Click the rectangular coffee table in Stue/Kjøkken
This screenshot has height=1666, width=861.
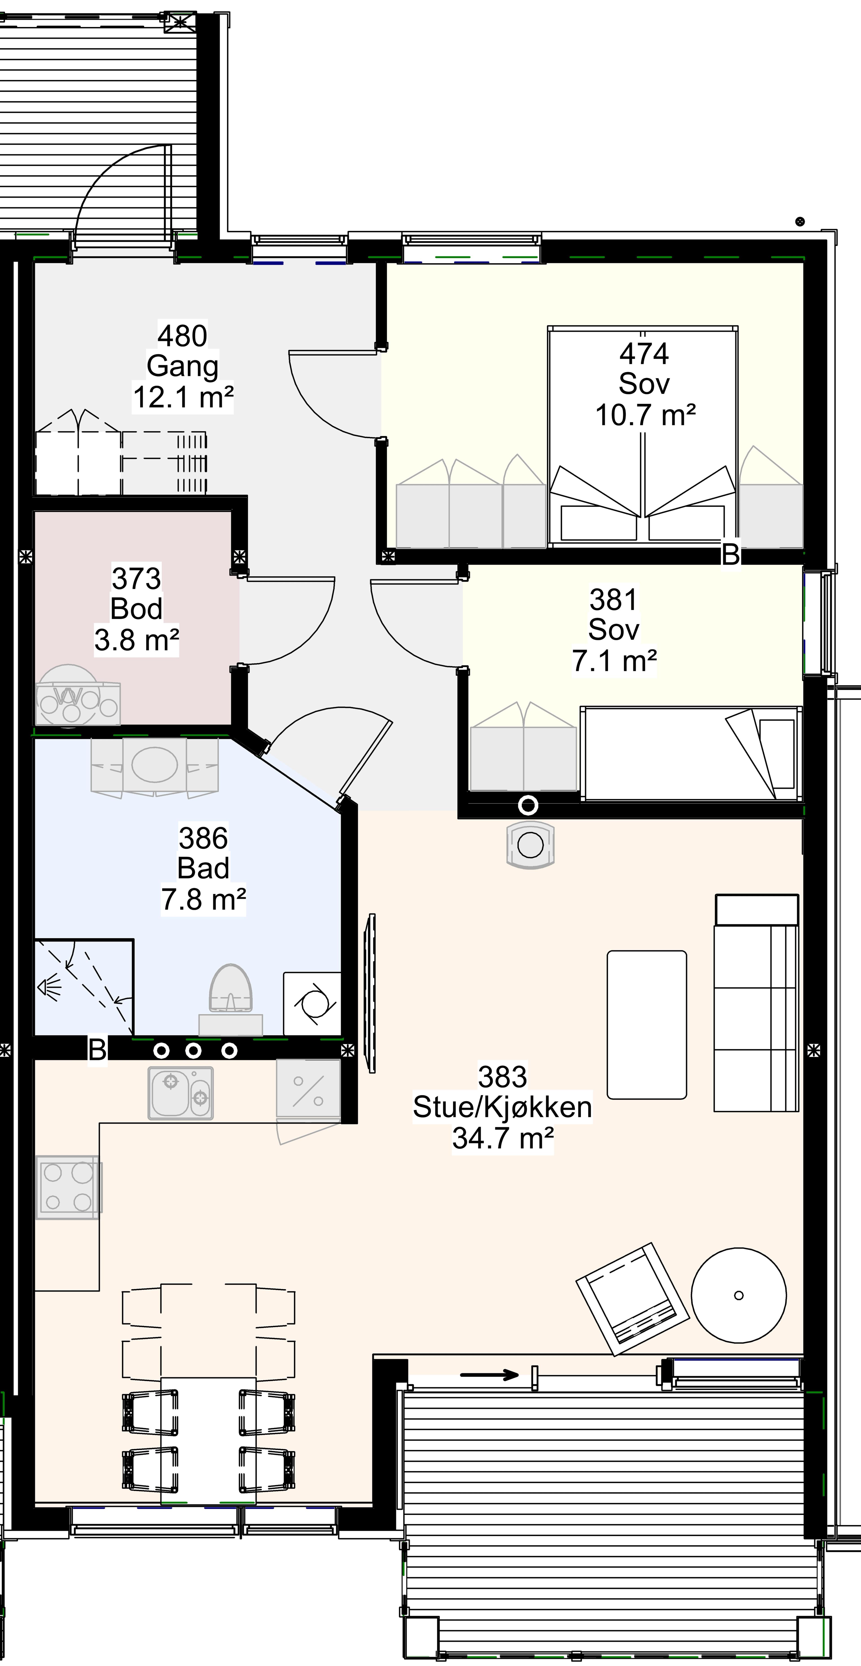pos(646,1024)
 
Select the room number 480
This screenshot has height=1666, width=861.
pos(183,336)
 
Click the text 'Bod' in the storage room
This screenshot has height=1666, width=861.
pos(136,609)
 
